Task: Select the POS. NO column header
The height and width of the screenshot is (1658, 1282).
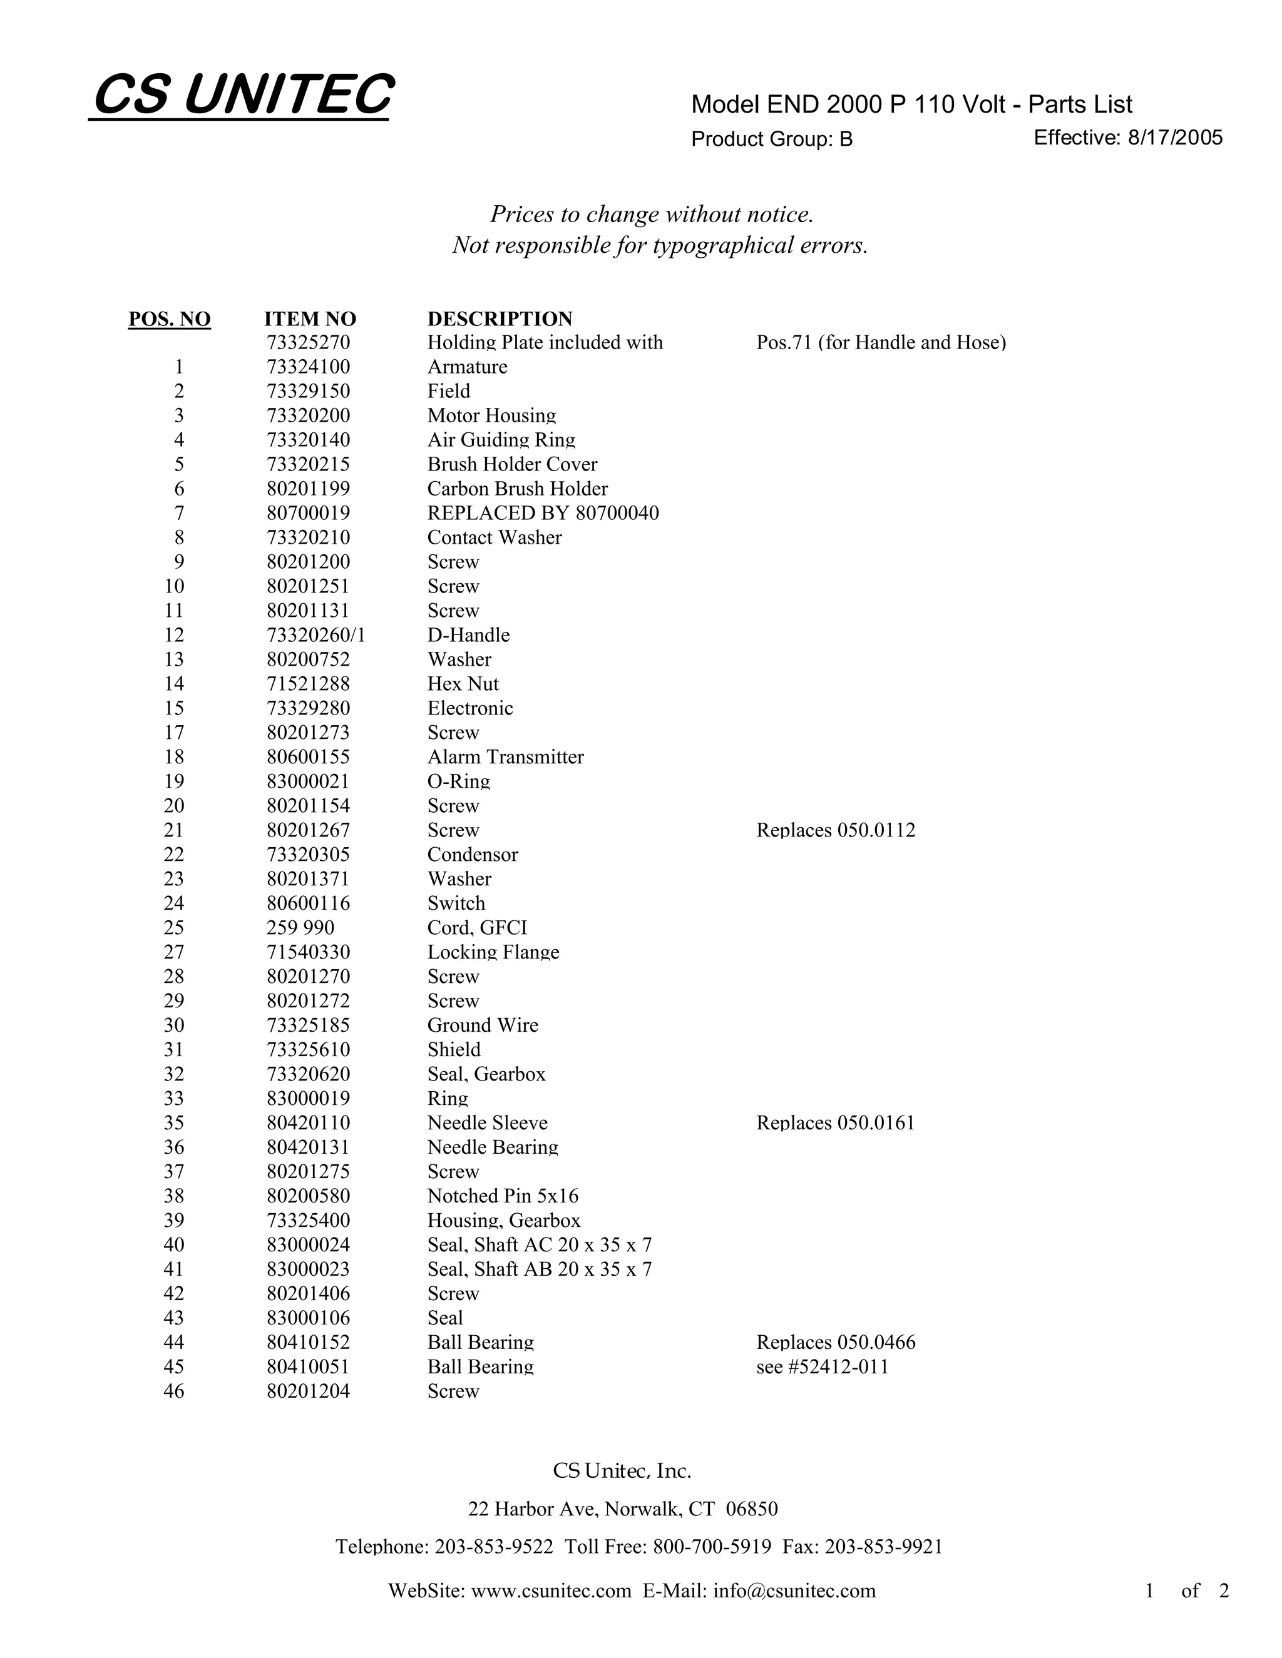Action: point(170,319)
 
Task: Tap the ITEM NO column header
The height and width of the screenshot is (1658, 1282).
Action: point(310,319)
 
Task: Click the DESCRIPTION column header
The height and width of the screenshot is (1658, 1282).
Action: point(500,319)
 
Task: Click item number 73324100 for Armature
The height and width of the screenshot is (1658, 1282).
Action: point(309,367)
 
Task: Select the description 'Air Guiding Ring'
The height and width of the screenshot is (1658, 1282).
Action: point(501,440)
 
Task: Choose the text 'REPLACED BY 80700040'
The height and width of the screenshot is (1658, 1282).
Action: point(543,513)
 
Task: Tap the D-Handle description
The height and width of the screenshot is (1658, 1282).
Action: point(469,636)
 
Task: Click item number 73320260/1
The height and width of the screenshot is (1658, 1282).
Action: point(316,636)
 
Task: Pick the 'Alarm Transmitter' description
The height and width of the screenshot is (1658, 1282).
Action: point(506,758)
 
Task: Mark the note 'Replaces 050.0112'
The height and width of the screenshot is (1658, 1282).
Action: point(836,830)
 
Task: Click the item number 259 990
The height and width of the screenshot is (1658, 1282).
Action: point(300,928)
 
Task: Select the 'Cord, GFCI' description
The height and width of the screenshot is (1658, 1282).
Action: point(477,928)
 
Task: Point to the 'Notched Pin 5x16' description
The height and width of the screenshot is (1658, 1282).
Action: point(503,1196)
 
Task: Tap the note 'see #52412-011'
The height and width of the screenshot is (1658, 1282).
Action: point(823,1367)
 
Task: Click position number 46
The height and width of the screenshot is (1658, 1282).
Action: point(174,1391)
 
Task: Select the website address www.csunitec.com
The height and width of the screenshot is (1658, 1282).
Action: point(551,1591)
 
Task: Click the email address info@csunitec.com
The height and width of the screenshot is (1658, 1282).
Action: point(794,1591)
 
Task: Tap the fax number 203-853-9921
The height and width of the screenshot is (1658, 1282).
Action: point(883,1547)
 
